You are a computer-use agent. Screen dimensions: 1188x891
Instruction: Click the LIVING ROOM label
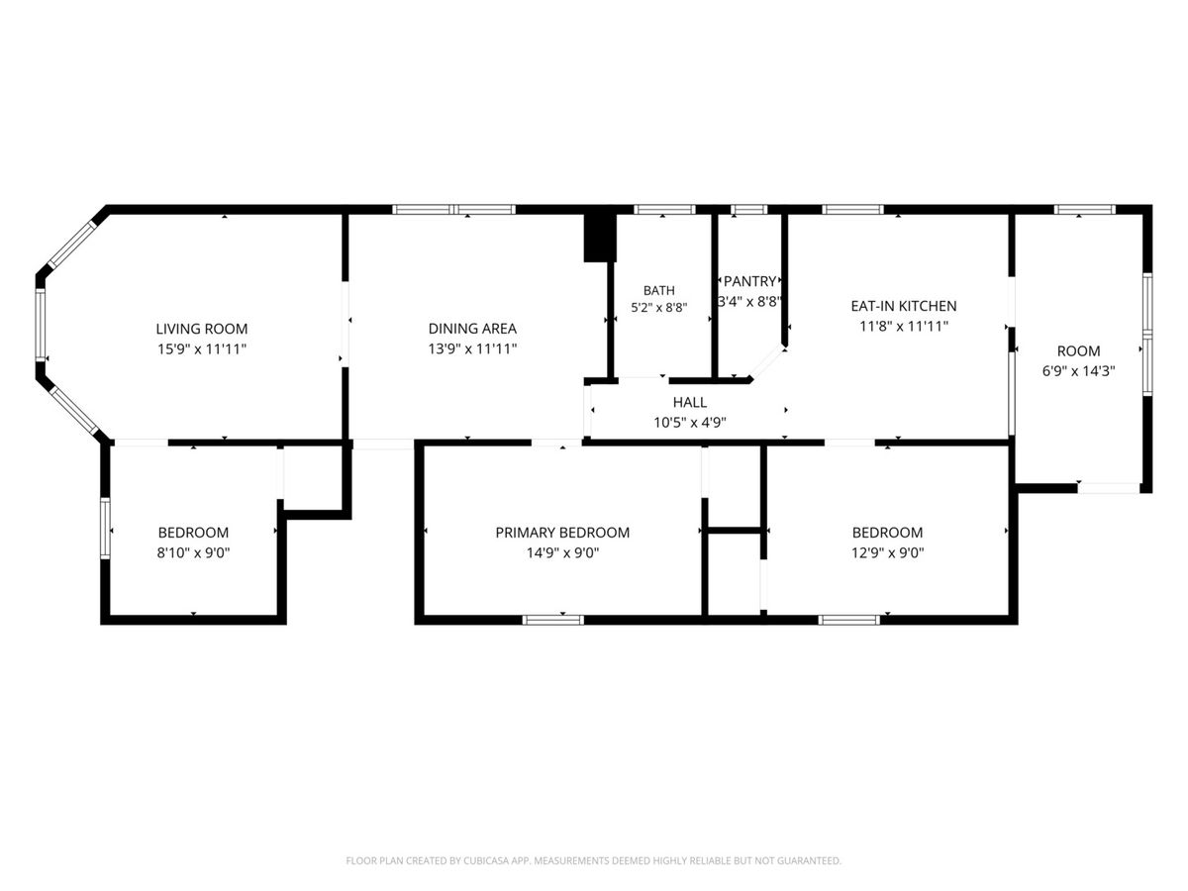point(201,329)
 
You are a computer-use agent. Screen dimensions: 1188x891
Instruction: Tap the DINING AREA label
point(472,329)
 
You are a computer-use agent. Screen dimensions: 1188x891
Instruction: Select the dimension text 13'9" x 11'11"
point(472,348)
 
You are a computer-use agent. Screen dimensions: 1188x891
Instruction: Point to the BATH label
point(658,290)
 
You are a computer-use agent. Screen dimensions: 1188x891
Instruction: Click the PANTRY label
point(749,281)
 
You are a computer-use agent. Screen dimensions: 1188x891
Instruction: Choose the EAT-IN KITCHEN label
point(903,306)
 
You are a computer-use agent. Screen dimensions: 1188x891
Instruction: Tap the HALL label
point(689,402)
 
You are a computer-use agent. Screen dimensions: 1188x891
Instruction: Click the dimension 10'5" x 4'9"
point(689,423)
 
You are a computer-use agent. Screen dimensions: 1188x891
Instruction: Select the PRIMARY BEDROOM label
point(562,533)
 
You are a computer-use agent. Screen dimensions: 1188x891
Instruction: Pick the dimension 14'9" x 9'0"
point(562,552)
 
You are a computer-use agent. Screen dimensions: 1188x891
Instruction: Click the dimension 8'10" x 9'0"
point(193,552)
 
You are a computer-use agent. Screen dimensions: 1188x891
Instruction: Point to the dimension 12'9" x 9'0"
point(888,552)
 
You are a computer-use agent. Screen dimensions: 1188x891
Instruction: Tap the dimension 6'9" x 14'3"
point(1079,371)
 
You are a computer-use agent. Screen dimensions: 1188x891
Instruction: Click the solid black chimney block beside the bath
point(600,238)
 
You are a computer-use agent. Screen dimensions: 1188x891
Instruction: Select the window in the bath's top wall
point(664,209)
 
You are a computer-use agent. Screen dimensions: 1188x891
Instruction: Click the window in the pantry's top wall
point(749,209)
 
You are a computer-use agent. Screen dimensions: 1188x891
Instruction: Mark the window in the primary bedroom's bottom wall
point(552,620)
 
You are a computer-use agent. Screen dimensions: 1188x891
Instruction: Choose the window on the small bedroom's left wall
point(105,528)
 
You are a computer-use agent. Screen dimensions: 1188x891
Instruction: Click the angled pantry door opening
point(767,362)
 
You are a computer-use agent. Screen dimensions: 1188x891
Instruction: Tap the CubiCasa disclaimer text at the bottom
point(594,860)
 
